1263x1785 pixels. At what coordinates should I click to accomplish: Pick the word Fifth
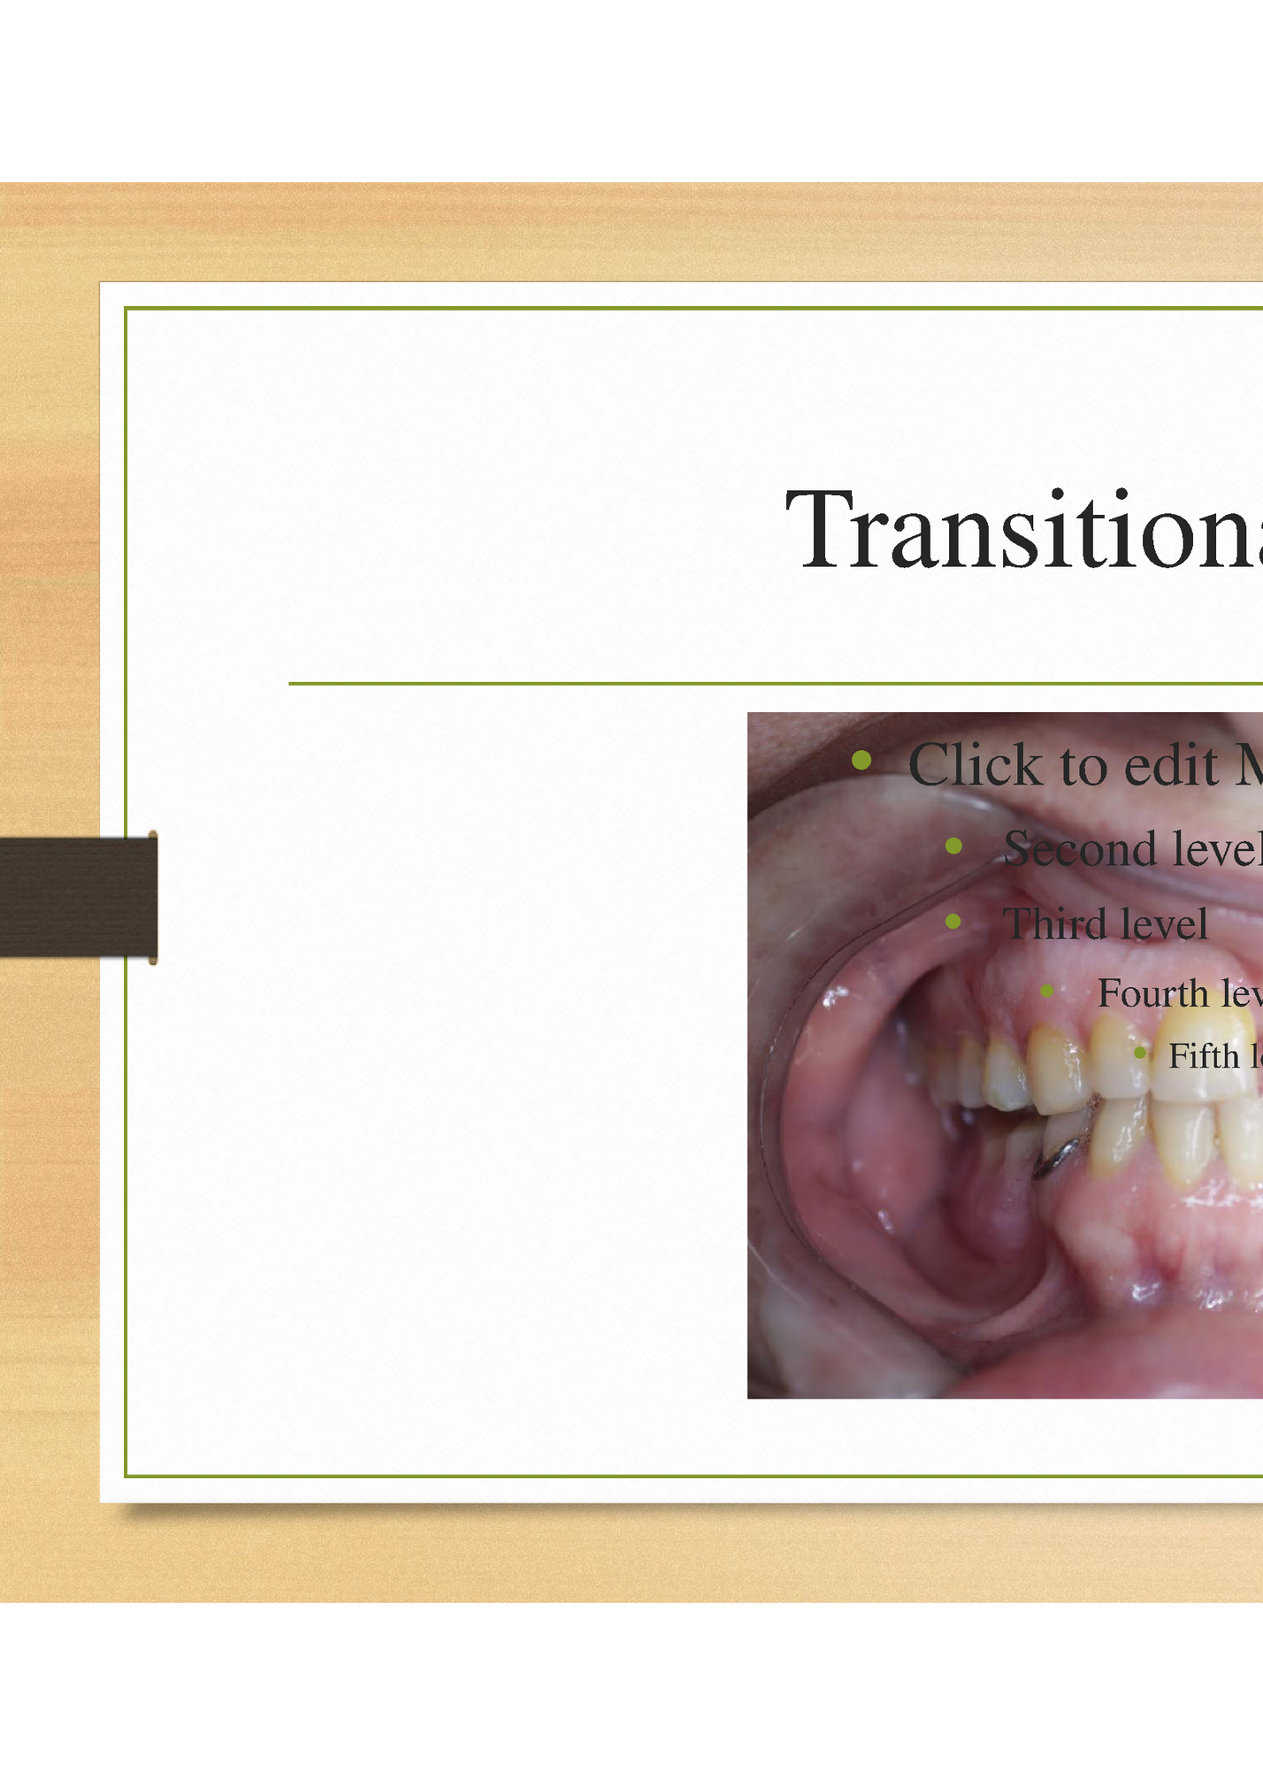coord(1203,1055)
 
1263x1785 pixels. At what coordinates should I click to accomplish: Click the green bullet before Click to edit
coord(861,760)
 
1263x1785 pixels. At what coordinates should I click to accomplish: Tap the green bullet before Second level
coord(953,846)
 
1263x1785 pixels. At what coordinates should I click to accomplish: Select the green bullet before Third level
coord(953,921)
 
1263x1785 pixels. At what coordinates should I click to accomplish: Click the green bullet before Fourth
coord(1047,991)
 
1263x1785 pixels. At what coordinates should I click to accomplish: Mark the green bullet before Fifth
coord(1140,1053)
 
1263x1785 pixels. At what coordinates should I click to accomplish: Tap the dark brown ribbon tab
coord(78,897)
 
